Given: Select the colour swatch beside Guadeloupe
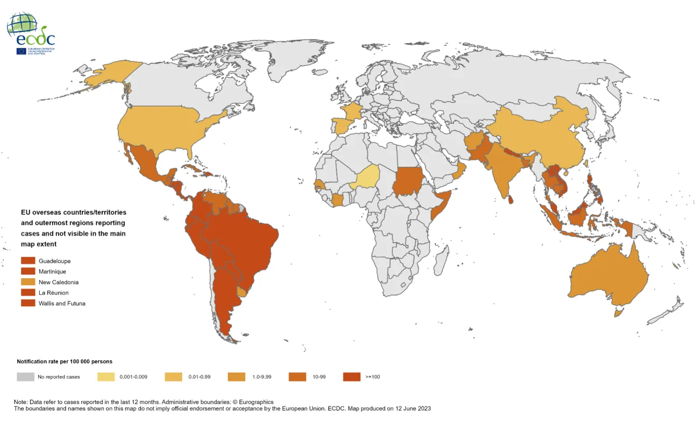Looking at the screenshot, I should tap(28, 261).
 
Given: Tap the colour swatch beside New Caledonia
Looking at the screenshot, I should tap(28, 282).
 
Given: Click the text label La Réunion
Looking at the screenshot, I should tap(53, 293).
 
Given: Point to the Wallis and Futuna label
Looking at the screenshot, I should tap(62, 303).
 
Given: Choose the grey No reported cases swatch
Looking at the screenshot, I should tap(25, 377).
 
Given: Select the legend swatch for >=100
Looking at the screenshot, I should tap(351, 377).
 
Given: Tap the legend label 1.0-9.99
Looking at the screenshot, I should tap(262, 377).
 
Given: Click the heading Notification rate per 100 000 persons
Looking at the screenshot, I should tap(65, 362).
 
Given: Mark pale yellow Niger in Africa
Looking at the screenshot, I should tap(365, 177).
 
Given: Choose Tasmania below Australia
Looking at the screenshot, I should tap(619, 312).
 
